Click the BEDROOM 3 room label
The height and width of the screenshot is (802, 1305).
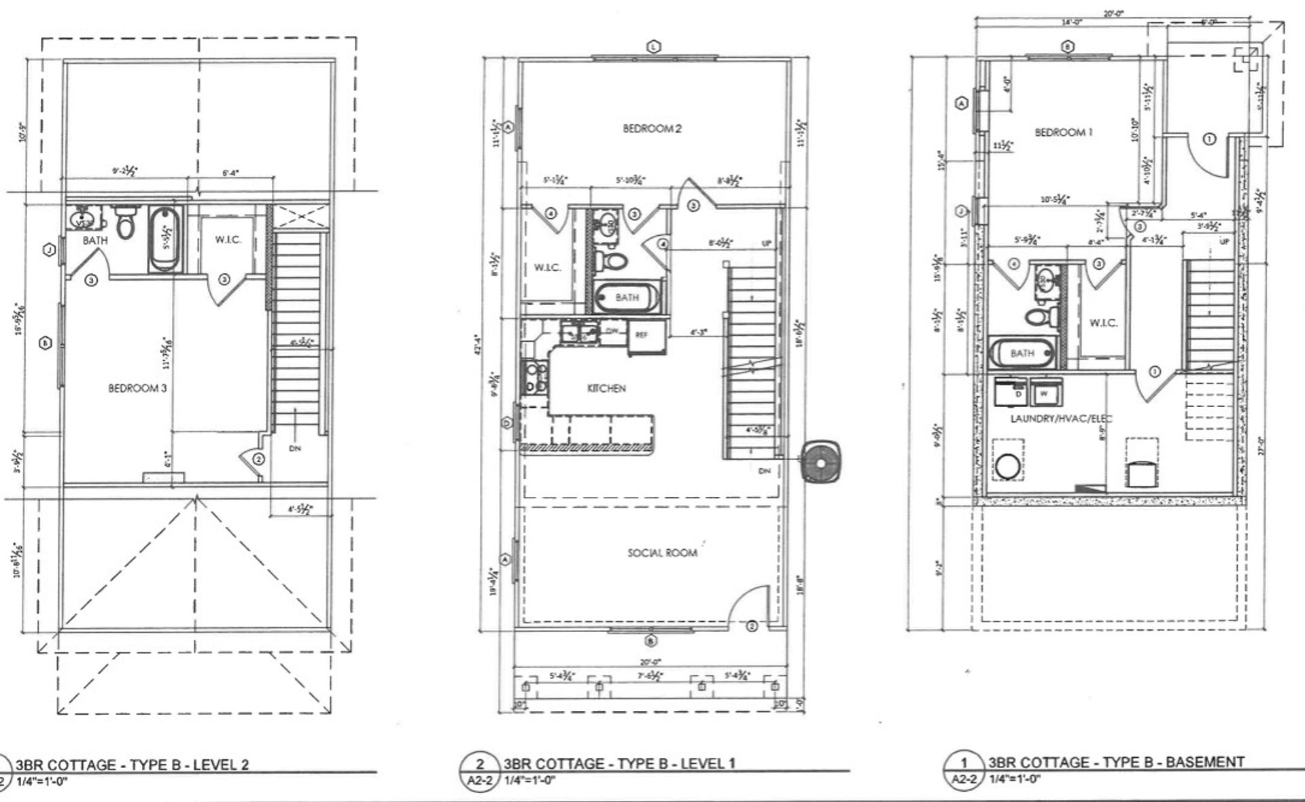click(x=137, y=388)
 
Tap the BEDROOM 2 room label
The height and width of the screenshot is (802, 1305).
click(x=652, y=128)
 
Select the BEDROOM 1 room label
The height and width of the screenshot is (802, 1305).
click(x=1064, y=133)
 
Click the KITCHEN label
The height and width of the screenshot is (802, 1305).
click(x=606, y=388)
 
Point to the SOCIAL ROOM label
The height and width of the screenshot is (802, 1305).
click(x=662, y=553)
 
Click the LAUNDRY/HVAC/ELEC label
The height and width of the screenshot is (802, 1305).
click(x=1061, y=418)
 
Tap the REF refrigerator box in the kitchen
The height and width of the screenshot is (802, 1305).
click(x=642, y=335)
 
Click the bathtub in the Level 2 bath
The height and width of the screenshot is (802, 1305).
click(x=165, y=239)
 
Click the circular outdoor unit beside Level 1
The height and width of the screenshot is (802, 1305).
click(x=821, y=462)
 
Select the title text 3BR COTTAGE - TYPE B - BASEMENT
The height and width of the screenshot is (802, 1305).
click(x=1116, y=762)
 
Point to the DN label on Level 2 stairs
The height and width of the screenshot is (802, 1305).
click(x=295, y=448)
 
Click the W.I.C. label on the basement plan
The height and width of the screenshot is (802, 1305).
click(x=1103, y=322)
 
